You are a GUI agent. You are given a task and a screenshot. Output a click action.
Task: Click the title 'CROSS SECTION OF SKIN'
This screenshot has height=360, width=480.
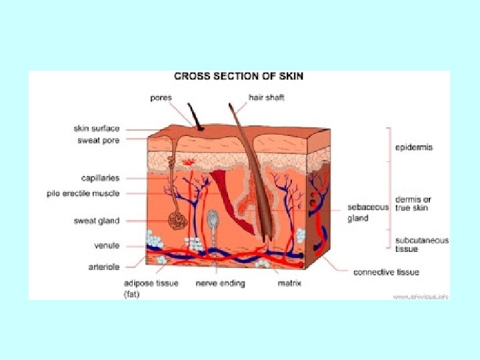point(238,76)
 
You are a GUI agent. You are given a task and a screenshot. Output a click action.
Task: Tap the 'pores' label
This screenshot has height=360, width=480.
point(161,97)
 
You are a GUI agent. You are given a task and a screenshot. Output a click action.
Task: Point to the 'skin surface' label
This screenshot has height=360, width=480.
point(97,128)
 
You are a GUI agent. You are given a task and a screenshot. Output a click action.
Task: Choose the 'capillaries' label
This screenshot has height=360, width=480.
point(100,178)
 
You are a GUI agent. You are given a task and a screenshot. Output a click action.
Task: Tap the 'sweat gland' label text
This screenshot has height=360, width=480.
point(97,221)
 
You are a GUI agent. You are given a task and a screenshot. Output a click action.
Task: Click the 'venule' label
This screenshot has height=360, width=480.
point(106,245)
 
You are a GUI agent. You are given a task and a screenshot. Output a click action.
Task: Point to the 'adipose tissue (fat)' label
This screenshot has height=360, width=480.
point(151,287)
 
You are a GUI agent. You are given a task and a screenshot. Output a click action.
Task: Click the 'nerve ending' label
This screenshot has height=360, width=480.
point(220,283)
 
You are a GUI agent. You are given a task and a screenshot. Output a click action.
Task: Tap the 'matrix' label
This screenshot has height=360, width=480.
point(289,283)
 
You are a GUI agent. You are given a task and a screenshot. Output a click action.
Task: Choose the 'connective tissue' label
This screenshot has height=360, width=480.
point(386,272)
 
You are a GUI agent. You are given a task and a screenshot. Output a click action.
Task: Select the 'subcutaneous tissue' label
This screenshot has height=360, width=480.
point(421,245)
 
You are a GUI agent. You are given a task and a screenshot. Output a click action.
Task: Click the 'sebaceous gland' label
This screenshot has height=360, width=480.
point(367,213)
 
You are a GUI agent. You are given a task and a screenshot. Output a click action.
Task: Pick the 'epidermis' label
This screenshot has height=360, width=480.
point(413,147)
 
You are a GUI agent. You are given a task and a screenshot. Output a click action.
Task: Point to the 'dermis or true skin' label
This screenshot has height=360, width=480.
point(413,203)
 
